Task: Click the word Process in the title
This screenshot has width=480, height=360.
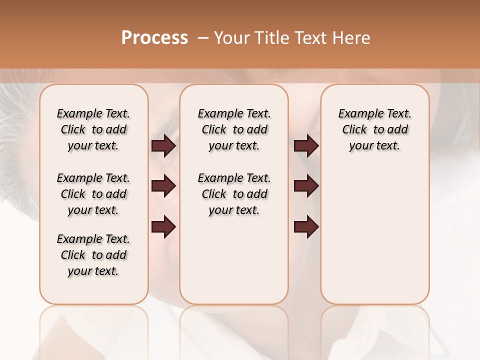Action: [154, 38]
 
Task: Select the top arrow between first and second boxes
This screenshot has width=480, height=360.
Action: [163, 146]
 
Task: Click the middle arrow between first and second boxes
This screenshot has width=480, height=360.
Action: [163, 186]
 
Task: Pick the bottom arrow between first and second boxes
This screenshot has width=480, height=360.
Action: [163, 227]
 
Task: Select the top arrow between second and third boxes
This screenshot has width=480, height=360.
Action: [306, 146]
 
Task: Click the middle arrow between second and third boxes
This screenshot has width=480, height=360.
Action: [306, 186]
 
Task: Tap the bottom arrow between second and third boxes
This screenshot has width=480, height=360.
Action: [306, 227]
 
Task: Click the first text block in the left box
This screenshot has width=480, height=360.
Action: [93, 129]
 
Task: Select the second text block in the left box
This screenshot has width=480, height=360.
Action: [93, 194]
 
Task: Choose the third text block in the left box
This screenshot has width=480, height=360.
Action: [93, 255]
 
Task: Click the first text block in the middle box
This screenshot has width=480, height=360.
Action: [234, 129]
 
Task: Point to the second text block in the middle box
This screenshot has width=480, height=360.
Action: [234, 194]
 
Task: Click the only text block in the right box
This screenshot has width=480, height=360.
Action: [374, 129]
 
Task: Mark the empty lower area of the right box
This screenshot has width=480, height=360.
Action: [374, 235]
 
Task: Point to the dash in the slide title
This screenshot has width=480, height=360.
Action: [203, 38]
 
